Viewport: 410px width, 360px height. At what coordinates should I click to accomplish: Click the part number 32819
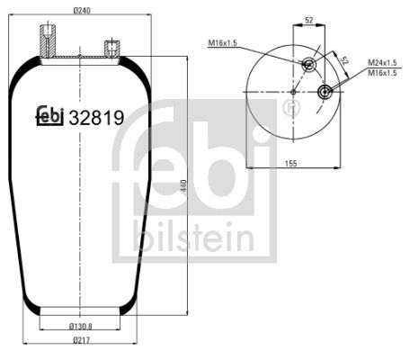[x=95, y=116]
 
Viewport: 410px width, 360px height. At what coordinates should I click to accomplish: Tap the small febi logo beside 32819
[x=49, y=116]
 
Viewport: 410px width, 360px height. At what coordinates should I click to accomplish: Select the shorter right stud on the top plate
[x=112, y=49]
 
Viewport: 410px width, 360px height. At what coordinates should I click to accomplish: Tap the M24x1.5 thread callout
[x=382, y=63]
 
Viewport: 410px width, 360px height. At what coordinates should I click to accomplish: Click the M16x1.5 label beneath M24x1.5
[x=382, y=73]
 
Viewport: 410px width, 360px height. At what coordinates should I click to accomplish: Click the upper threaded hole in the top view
[x=309, y=63]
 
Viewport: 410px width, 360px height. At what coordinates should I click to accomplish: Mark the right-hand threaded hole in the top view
[x=324, y=92]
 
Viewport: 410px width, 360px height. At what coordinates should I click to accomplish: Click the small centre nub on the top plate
[x=80, y=58]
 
